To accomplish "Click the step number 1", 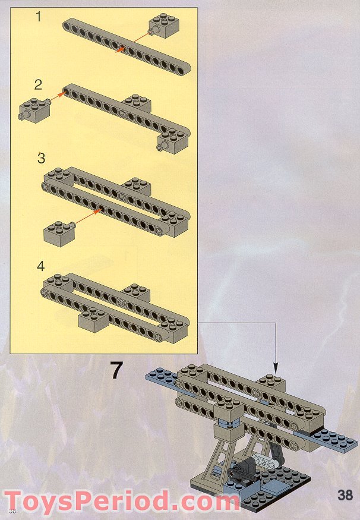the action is click(x=39, y=17).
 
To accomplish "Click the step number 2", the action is click(x=39, y=85).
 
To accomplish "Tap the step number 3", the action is click(x=41, y=158).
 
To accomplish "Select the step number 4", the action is click(x=40, y=266).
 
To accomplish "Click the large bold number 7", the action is click(x=116, y=370).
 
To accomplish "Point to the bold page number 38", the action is click(x=345, y=495).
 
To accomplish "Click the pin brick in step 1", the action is click(x=163, y=26).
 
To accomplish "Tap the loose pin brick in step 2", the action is click(x=34, y=110).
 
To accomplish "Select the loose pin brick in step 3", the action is click(x=59, y=234).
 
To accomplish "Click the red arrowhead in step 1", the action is click(x=120, y=50).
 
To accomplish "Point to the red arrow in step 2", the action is click(x=57, y=96).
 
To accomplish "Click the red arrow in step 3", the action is click(x=88, y=216).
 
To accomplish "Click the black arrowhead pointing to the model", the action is click(x=276, y=367).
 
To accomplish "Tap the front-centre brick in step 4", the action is click(x=93, y=320).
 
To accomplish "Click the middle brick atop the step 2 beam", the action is click(x=137, y=103).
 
